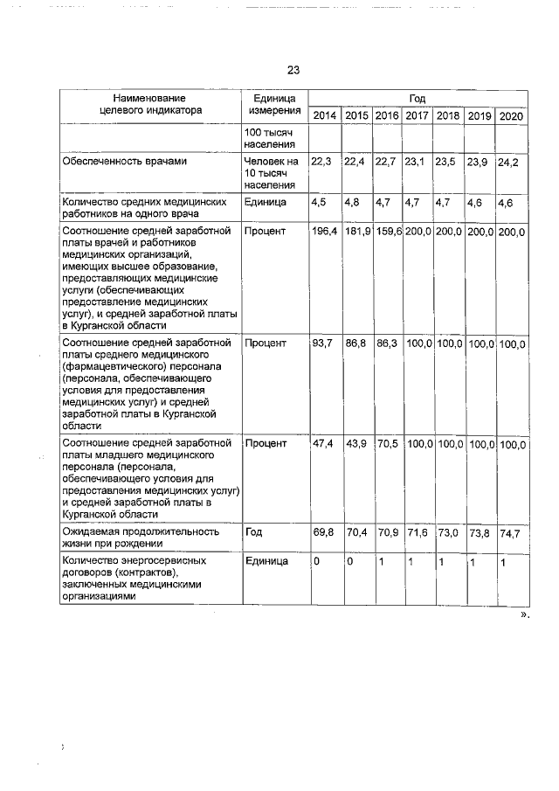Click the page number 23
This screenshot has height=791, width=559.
point(293,71)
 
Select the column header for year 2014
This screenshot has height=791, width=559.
point(324,116)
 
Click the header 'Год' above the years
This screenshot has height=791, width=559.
point(417,99)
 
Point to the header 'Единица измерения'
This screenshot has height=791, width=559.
point(273,106)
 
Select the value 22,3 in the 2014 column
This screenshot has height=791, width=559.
point(321,161)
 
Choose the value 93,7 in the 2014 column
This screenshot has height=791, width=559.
point(322,343)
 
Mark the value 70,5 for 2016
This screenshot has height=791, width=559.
point(386,444)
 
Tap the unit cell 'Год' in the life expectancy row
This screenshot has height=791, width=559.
point(253,531)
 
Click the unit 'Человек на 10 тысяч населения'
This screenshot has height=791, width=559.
point(272,173)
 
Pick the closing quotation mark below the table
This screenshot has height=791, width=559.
point(525,615)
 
